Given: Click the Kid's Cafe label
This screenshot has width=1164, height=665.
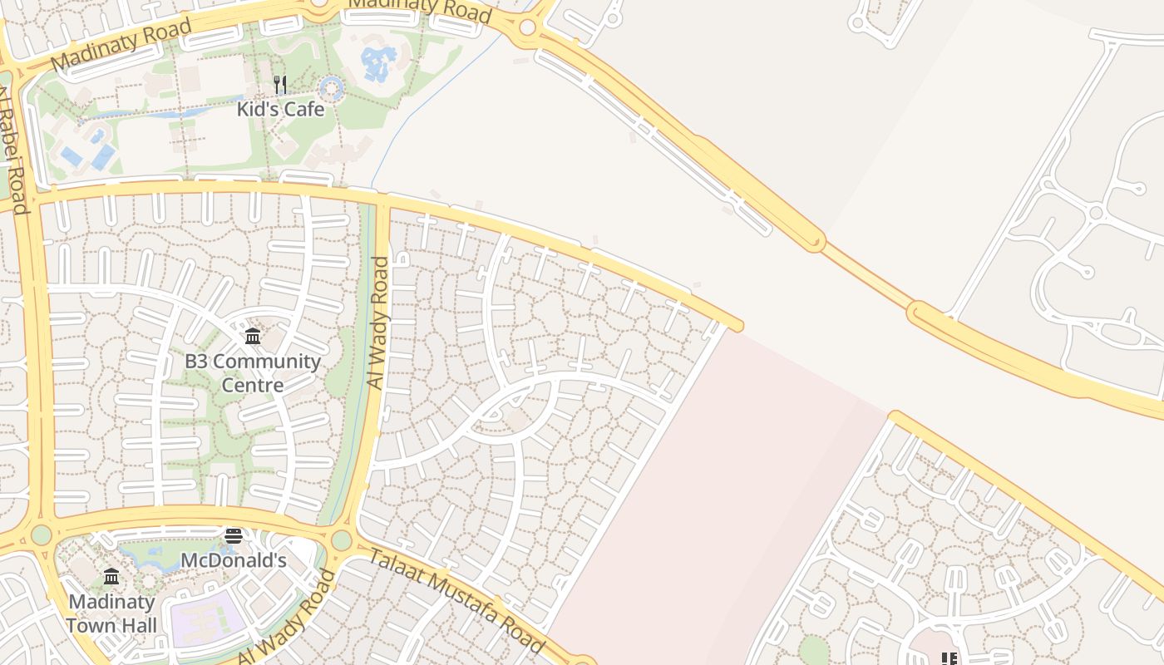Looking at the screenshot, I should coord(280,109).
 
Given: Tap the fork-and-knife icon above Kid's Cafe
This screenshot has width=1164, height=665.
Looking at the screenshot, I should coord(280,85).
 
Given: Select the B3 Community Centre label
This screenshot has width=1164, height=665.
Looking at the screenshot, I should coord(252,373).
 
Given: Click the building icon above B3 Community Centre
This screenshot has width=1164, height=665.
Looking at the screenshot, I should coord(253,337).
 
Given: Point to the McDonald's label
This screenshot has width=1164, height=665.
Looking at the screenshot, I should coord(233,560).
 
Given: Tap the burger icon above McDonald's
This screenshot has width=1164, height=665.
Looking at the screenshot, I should coord(234,536).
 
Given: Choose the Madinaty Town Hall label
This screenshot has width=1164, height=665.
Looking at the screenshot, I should coord(111,613).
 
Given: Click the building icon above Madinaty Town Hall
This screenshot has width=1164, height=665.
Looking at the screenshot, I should coord(111,576).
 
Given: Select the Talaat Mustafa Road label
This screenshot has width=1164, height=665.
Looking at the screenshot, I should coord(456,600).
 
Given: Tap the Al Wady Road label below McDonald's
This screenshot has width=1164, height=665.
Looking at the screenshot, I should coord(287,617).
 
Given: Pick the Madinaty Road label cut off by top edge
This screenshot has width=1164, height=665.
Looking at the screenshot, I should coord(420,10).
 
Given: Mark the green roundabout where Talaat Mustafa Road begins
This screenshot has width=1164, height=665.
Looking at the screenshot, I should coord(342,540).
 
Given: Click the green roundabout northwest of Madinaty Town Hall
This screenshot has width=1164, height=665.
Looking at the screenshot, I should coord(41,534).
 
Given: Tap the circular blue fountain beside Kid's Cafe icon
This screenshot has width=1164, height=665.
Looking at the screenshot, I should coord(331,87).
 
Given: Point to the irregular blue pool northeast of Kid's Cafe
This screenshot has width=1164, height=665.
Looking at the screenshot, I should coord(378,63).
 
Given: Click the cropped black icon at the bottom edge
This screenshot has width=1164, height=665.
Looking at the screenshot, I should coord(949,658).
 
